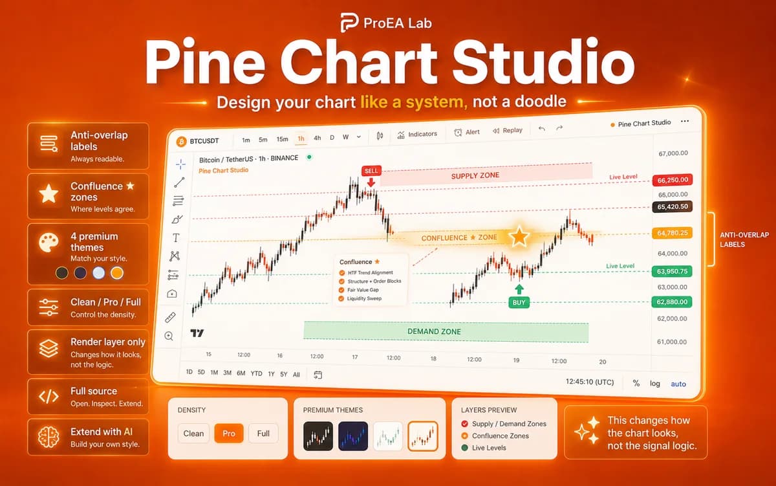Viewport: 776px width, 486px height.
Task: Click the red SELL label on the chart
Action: coord(371,171)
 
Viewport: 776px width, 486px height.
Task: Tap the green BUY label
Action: coord(519,302)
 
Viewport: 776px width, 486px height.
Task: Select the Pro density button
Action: coord(229,434)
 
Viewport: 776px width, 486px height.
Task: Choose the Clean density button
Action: coord(193,434)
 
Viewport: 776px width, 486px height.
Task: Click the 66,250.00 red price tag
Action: coord(673,180)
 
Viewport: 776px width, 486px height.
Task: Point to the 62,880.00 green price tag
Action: coord(672,302)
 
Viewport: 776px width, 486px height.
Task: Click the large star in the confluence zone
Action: coord(519,236)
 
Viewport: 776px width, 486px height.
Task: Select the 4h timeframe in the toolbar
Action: coord(318,138)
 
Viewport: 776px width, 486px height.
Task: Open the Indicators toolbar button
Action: coord(417,134)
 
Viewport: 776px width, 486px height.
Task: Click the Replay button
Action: coord(508,130)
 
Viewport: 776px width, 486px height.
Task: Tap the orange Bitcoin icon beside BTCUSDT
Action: coord(181,142)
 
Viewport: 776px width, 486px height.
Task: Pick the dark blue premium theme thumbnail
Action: coord(353,436)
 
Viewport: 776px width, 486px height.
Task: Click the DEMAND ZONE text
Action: coord(434,331)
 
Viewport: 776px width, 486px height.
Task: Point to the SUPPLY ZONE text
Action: coord(475,176)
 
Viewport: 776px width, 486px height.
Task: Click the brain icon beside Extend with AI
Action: coord(48,437)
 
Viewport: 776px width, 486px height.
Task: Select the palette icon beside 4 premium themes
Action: coord(48,242)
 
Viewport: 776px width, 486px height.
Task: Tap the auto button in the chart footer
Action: coord(678,384)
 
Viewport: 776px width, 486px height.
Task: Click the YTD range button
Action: coord(256,373)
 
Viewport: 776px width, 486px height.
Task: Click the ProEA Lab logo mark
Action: coord(349,22)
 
